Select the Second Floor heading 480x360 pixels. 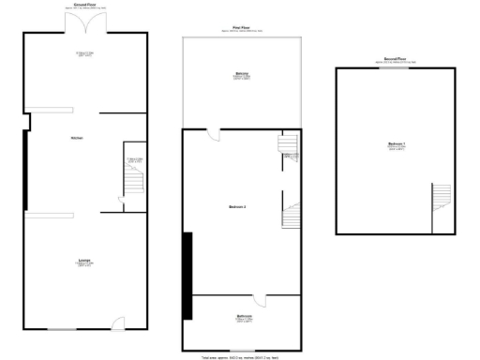tap(395, 59)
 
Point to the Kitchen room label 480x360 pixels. tap(76, 138)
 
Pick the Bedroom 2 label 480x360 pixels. tap(237, 206)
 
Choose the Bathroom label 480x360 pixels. tap(243, 318)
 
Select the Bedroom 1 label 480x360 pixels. tap(394, 145)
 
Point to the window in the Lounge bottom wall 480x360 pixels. tap(62, 329)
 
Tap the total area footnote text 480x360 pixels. tap(241, 356)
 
